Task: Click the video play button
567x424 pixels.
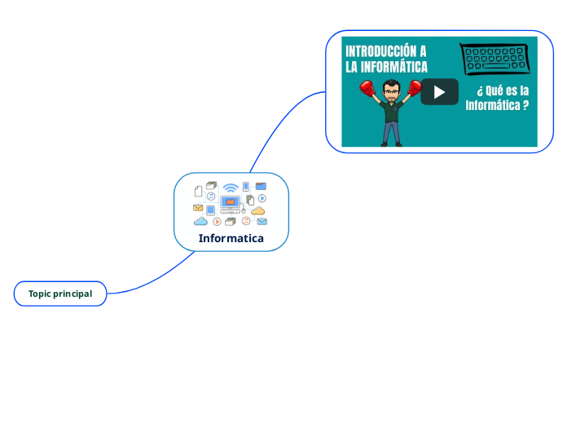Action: [x=439, y=91]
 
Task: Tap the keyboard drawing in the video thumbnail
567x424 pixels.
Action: [x=494, y=59]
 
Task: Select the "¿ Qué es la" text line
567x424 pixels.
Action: [x=503, y=90]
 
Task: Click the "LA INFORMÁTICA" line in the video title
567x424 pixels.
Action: [x=387, y=66]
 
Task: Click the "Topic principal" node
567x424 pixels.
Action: [x=60, y=294]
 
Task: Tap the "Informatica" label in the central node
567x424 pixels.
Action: [x=231, y=238]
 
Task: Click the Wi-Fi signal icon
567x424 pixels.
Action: [x=231, y=188]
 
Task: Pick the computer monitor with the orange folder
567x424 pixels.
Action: [x=231, y=201]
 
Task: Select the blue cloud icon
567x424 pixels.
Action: [x=200, y=221]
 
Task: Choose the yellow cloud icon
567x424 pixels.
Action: [x=258, y=211]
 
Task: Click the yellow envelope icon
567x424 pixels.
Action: [x=198, y=208]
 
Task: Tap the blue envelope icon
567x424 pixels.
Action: [x=262, y=221]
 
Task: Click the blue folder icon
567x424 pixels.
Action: [x=261, y=186]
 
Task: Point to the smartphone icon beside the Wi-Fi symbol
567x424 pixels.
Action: [x=246, y=187]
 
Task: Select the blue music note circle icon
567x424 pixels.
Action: [x=211, y=197]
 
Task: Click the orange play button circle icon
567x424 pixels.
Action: [x=217, y=221]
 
